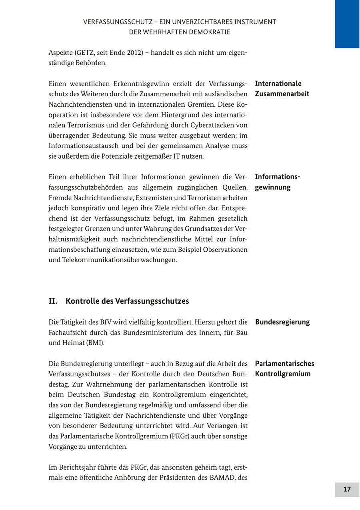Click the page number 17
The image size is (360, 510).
(x=347, y=490)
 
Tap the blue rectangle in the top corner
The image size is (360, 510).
(x=347, y=24)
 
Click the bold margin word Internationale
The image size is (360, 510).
(x=278, y=84)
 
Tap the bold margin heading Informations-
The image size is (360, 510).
(x=277, y=177)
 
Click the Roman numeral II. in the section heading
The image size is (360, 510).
(x=53, y=301)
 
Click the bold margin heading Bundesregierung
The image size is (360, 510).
(x=282, y=322)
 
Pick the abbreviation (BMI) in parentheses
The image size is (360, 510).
(x=95, y=343)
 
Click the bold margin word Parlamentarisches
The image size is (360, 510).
(x=284, y=364)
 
